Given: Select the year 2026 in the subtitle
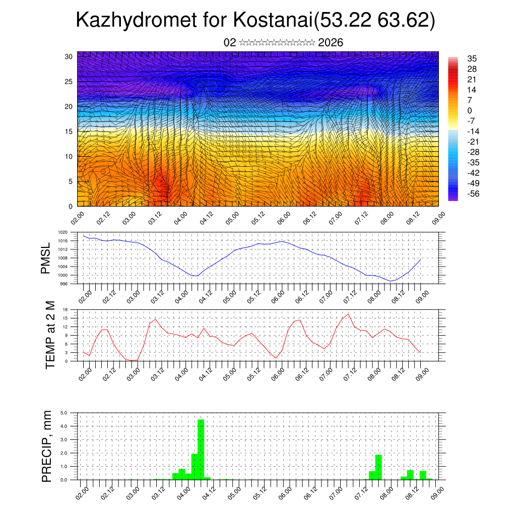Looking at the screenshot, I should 331,42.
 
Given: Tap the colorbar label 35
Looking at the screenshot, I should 472,58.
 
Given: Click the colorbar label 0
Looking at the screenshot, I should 470,110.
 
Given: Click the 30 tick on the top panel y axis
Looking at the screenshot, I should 68,56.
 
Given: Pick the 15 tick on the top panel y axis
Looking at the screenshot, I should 68,132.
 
